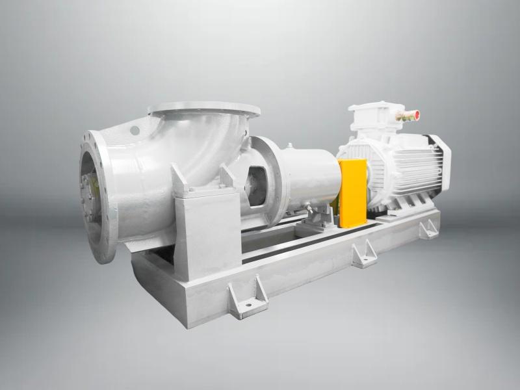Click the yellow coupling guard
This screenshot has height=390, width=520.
[x=353, y=192]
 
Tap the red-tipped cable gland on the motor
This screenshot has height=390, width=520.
[x=409, y=116]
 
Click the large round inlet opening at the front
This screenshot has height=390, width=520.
[x=92, y=196]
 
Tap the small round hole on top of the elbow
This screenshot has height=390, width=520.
[x=135, y=130]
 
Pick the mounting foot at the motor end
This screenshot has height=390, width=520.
[x=428, y=228]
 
